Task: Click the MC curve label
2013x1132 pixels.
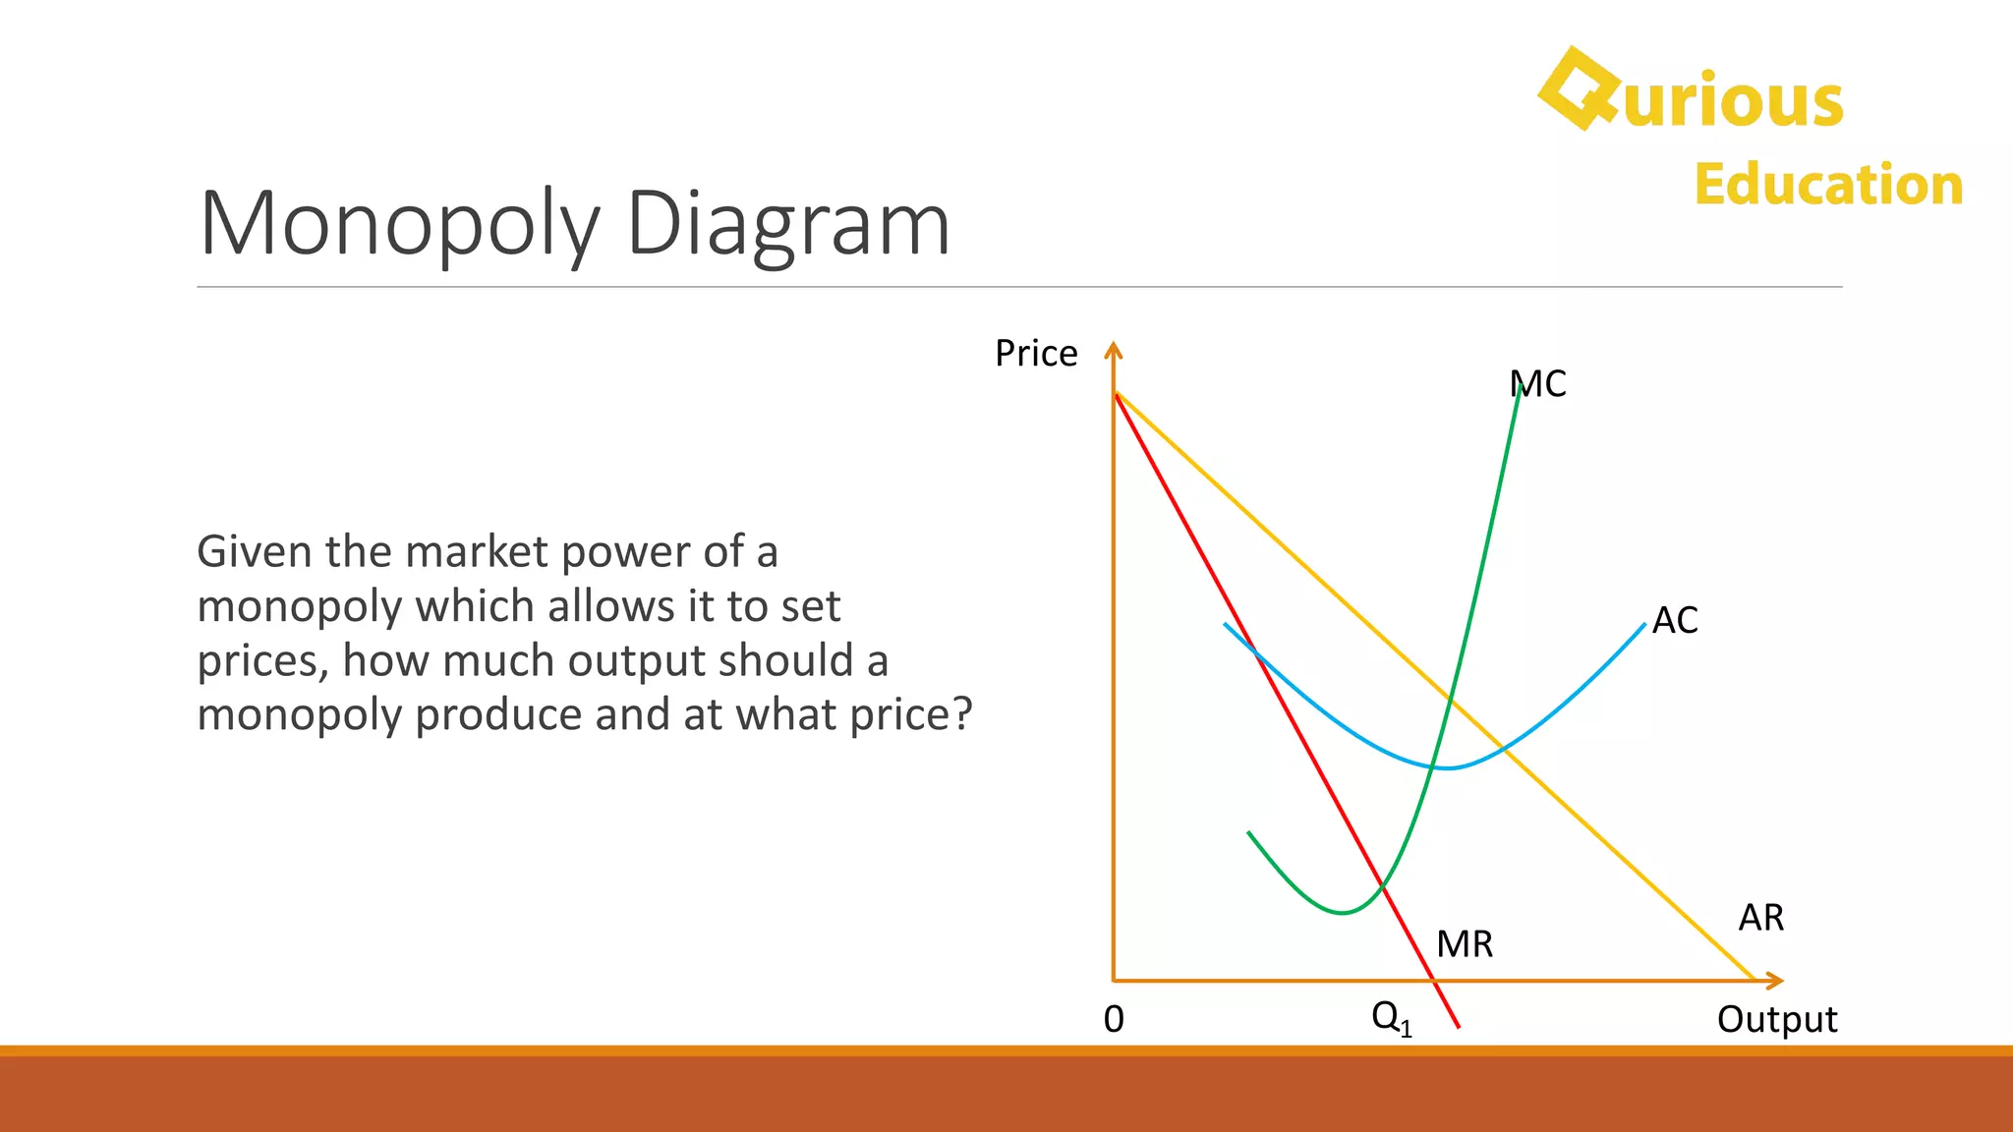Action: (1538, 384)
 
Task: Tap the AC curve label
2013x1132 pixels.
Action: (1675, 621)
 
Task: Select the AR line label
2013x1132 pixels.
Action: (1760, 918)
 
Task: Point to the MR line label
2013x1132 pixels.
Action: (1465, 944)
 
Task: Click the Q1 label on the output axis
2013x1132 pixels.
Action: (1391, 1018)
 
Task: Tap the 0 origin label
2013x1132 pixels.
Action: (1114, 1020)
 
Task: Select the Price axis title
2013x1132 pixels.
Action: (1036, 354)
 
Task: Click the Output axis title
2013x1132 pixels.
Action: (1776, 1020)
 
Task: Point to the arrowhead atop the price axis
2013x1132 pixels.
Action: (1113, 349)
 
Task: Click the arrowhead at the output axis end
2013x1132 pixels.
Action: (1775, 981)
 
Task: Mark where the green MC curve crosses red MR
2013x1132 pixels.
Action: (1383, 887)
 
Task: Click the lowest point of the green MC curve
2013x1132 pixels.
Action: (1343, 913)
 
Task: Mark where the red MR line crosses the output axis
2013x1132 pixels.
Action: (1434, 981)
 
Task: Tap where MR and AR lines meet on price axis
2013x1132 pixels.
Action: (1115, 393)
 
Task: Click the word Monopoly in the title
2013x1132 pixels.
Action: (399, 224)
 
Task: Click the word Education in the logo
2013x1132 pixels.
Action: (1828, 185)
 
